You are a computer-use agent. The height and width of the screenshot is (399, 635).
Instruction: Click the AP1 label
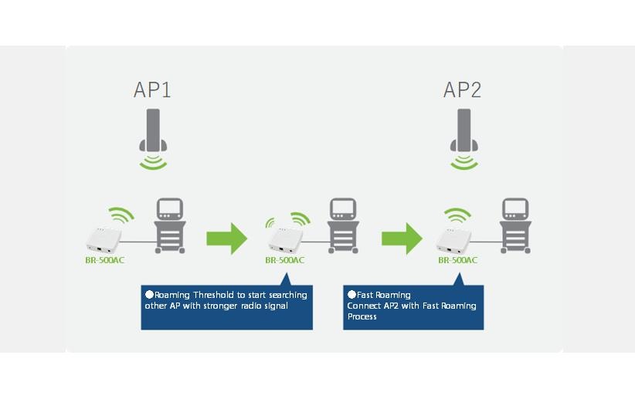152,90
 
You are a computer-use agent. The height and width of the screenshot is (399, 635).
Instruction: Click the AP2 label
462,90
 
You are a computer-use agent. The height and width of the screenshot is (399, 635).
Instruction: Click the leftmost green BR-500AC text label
104,260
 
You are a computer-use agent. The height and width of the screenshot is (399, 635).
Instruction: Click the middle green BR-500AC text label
284,260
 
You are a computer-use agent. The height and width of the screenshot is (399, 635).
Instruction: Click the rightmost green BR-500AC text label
457,260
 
